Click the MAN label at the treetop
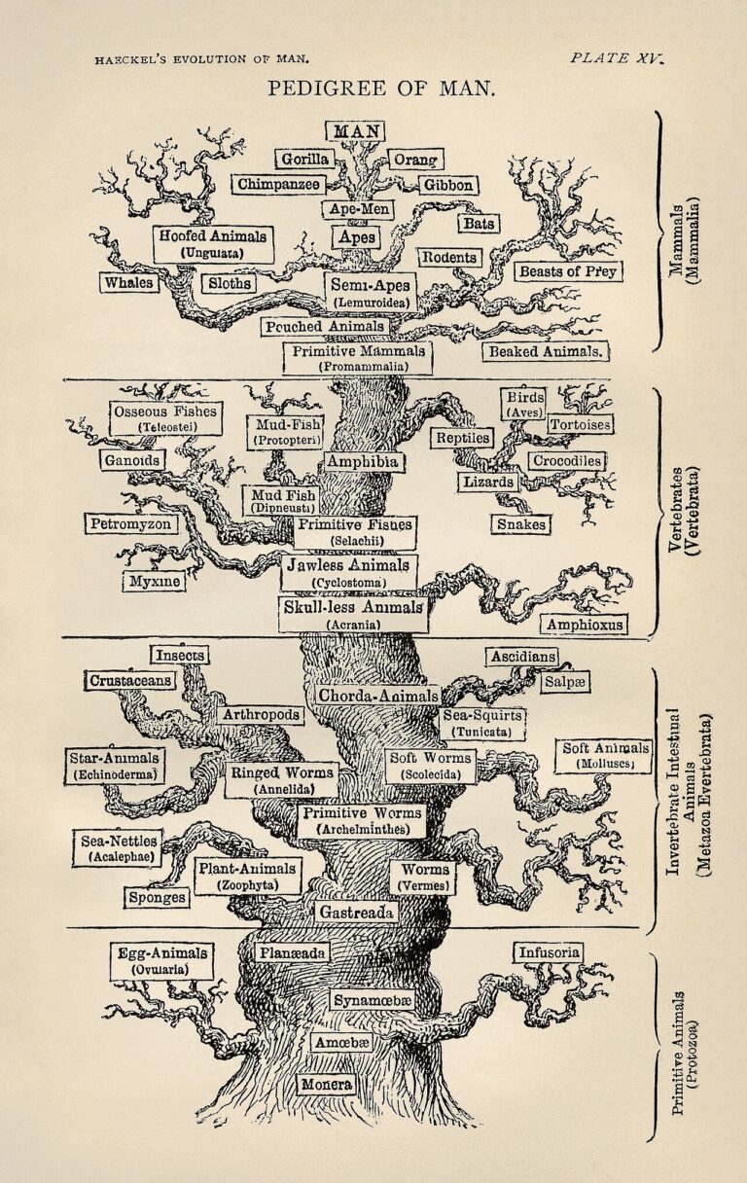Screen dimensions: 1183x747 [355, 131]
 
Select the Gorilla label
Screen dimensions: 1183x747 [304, 159]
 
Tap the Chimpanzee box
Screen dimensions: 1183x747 [277, 184]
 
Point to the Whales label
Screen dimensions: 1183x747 [128, 282]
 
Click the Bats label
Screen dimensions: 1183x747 [479, 223]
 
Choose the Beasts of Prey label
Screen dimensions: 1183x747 [568, 271]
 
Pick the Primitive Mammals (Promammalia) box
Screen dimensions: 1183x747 [358, 358]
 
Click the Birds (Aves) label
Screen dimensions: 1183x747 [523, 404]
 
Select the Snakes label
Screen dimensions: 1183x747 [520, 524]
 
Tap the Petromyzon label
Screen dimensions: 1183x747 [130, 524]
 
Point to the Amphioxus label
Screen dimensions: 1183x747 [585, 624]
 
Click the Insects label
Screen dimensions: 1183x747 [179, 655]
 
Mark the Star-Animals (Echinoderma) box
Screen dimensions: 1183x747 [116, 765]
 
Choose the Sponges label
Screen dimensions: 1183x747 [157, 897]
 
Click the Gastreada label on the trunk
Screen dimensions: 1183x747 [355, 913]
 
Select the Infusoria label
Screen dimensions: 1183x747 [549, 952]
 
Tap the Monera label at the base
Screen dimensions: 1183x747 [326, 1083]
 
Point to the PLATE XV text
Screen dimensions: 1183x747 [616, 57]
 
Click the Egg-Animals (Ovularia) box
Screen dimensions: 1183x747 [161, 960]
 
